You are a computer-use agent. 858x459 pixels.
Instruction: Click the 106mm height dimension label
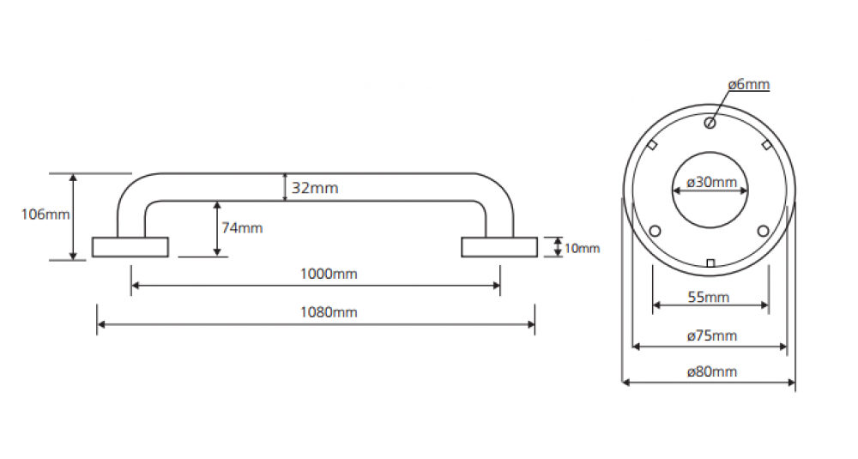tap(45, 214)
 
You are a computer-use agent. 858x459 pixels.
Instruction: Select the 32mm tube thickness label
tap(314, 188)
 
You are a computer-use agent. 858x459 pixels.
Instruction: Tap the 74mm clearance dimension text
tap(242, 228)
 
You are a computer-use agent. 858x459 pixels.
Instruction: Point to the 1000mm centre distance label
tap(328, 274)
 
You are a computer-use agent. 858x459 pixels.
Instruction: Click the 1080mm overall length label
tap(328, 312)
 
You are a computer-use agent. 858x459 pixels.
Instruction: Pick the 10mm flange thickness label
tap(583, 249)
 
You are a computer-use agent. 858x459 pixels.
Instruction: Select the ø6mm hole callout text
tap(748, 84)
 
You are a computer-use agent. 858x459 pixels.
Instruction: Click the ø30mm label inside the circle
tap(711, 182)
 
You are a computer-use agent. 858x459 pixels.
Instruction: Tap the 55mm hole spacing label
tap(710, 297)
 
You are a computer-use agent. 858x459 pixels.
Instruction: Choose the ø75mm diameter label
tap(711, 335)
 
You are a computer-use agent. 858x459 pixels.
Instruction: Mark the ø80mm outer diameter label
tap(711, 371)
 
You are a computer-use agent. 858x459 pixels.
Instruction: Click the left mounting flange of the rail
tap(130, 247)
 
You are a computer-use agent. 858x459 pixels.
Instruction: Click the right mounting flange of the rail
tap(499, 247)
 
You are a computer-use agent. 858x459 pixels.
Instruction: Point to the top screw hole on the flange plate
tap(710, 123)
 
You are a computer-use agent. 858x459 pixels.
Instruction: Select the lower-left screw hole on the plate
tap(656, 231)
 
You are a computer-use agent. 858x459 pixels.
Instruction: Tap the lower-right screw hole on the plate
tap(764, 230)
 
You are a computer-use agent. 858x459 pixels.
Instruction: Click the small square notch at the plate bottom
tap(710, 263)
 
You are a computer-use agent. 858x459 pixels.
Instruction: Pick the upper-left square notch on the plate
tap(652, 145)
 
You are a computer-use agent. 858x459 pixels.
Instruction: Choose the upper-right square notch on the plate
tap(767, 145)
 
